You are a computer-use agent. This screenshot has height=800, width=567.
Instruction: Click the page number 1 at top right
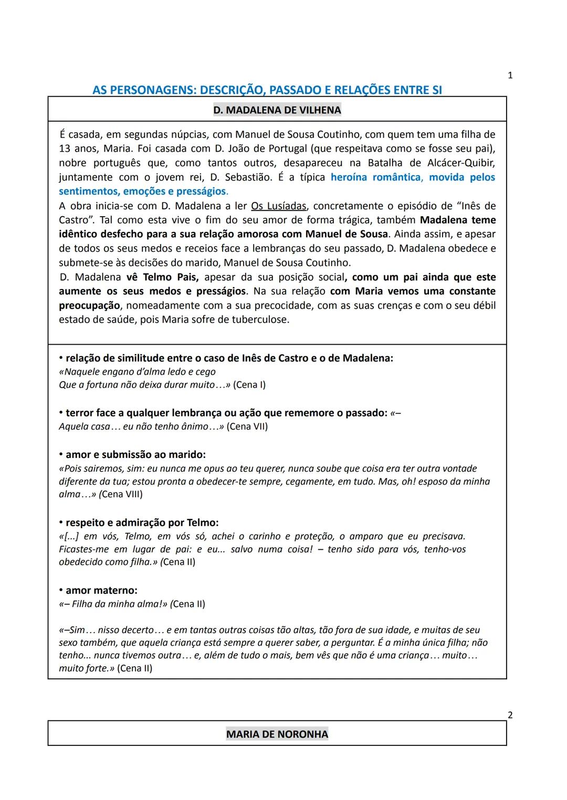[x=510, y=76]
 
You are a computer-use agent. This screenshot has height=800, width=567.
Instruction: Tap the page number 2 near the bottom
[x=510, y=715]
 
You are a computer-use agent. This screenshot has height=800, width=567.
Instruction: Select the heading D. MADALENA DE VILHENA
[x=277, y=110]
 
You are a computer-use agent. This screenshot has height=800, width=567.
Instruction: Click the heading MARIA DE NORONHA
[x=277, y=734]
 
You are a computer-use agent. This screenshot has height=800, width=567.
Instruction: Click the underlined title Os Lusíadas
[x=278, y=206]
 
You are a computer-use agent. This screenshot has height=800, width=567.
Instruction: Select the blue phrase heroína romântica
[x=375, y=177]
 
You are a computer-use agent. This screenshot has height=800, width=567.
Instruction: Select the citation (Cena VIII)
[x=121, y=494]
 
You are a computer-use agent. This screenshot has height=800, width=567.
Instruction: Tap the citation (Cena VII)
[x=247, y=426]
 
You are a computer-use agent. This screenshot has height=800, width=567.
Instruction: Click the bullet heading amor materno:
[x=101, y=591]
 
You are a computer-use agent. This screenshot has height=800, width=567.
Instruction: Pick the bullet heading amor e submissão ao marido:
[x=135, y=455]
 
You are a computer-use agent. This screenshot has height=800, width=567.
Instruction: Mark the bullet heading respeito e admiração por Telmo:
[x=142, y=523]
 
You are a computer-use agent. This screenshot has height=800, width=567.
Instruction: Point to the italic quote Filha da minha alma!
[x=120, y=604]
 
